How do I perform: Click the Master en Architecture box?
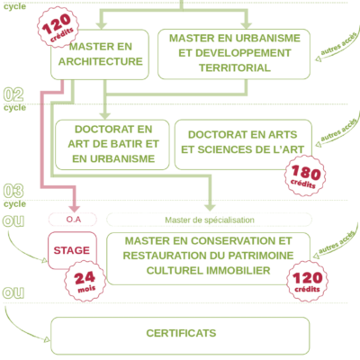coord(100,55)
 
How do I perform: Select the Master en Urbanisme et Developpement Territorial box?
coord(234,54)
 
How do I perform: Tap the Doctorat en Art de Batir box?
coord(112,145)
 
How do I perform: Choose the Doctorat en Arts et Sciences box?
coord(243,144)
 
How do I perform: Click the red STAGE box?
coord(72,250)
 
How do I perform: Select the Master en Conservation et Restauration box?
coord(208,258)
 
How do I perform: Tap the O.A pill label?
coord(73,220)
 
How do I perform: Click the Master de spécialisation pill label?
coord(209,220)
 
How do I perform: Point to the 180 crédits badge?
coord(305,175)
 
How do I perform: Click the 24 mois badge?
coord(85,281)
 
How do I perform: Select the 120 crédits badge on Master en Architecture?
coord(58,27)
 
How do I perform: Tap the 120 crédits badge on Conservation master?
coord(307,281)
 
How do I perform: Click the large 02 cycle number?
coord(13,94)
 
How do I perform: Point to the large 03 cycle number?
coord(13,191)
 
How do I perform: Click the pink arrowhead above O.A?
coord(74,209)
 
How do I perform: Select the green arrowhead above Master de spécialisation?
coord(210,208)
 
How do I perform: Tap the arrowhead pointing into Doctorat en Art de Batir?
coord(104,115)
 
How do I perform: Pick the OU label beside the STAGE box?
coord(13,220)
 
